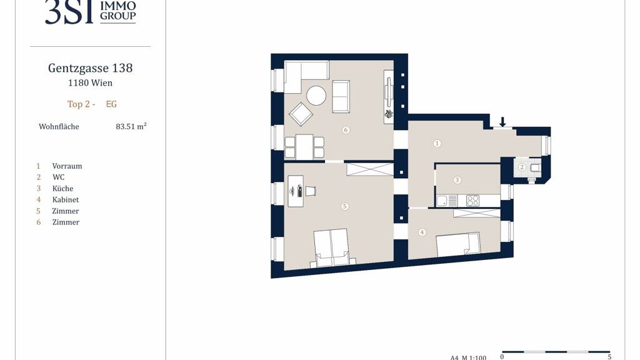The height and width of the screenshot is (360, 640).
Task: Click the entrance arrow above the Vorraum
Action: coord(502,122)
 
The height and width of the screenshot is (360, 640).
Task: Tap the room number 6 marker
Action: coord(346,130)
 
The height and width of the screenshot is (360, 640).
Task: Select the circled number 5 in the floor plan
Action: coord(344,206)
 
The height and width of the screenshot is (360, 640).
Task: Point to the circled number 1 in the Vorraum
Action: coord(437,143)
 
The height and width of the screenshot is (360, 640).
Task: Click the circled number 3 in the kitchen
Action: coord(457,180)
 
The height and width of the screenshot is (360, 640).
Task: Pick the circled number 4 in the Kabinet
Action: coord(422,232)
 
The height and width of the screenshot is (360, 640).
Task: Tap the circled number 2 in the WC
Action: coord(522,167)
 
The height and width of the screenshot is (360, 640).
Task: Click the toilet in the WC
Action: coord(535,167)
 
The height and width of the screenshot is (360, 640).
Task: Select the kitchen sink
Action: coord(446,201)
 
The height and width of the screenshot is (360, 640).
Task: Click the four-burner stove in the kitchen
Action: coord(472,201)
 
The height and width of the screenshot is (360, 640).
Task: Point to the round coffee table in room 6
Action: coord(316,96)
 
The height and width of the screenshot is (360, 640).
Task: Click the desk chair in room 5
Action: coord(310,191)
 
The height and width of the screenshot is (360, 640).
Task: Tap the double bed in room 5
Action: coord(332,248)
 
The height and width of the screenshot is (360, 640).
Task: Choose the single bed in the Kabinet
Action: coord(458,245)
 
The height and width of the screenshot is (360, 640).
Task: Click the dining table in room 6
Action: coord(304,147)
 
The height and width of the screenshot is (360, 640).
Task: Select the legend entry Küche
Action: coord(62,189)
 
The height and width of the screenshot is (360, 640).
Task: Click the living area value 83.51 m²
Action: coord(131,126)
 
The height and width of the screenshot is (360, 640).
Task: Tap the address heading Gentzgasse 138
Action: coord(90,67)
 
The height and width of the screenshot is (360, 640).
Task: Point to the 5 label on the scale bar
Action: coord(609,357)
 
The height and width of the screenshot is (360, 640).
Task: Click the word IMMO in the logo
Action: coord(118,6)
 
